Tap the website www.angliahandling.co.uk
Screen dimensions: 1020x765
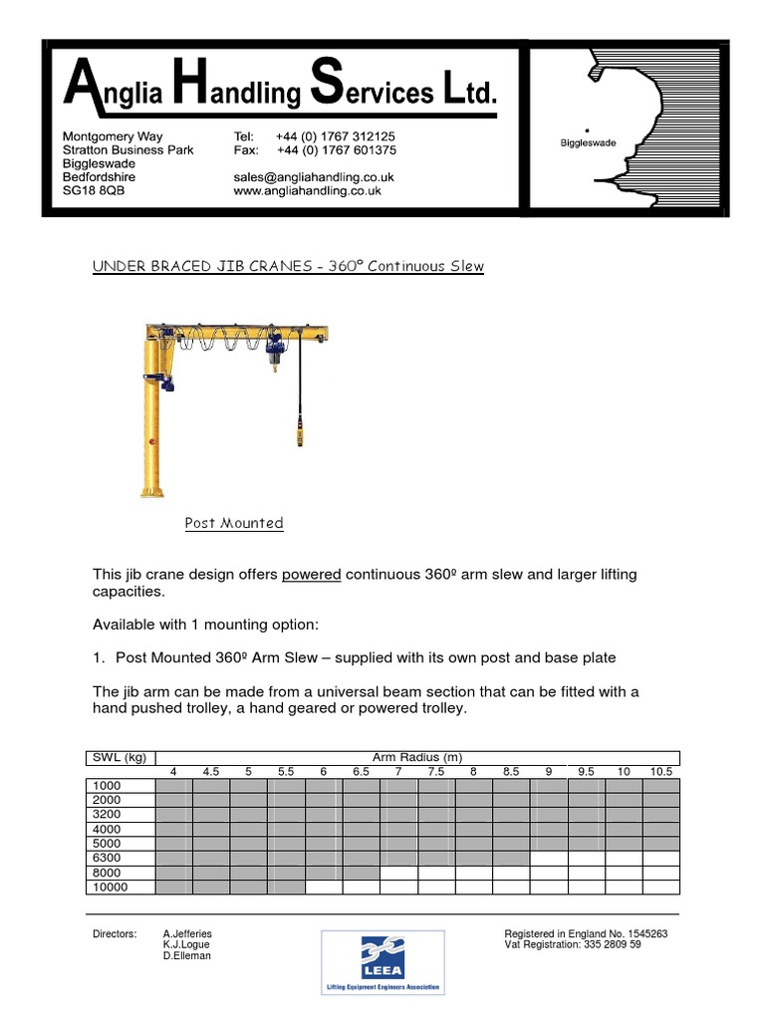[307, 191]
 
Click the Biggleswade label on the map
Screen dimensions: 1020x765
[588, 143]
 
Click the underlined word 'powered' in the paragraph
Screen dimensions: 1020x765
[312, 576]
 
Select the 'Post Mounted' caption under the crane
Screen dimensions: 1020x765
[234, 523]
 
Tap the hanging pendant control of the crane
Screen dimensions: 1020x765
[298, 435]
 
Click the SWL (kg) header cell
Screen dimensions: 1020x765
[120, 757]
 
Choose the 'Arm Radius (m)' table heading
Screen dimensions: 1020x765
[416, 757]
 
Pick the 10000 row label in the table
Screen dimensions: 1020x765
[110, 887]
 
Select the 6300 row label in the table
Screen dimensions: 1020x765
[106, 858]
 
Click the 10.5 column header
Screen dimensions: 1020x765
[660, 772]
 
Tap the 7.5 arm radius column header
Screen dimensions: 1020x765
[435, 772]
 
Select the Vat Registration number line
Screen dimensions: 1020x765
[573, 944]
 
